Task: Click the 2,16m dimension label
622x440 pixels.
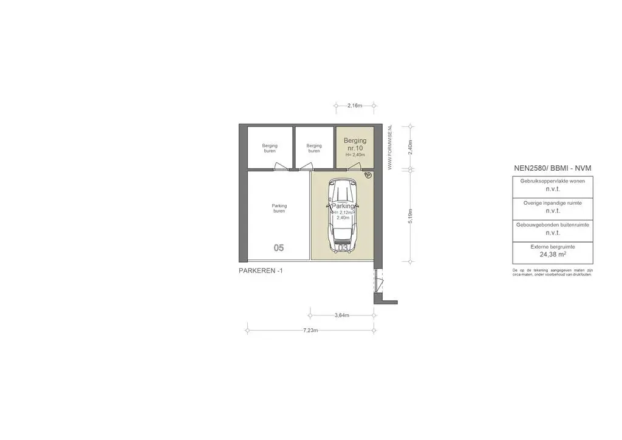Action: pos(355,106)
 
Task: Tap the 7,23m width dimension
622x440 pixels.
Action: pos(310,331)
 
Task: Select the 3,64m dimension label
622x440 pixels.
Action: pos(342,315)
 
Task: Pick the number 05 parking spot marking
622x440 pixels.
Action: pos(279,248)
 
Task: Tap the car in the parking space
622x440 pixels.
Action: pos(343,216)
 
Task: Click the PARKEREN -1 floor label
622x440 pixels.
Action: pos(261,271)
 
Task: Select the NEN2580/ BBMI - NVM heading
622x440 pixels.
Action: pos(552,168)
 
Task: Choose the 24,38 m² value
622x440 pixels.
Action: pos(552,255)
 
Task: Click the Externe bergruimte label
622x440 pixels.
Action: pos(552,247)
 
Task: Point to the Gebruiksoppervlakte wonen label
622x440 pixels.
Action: pos(552,181)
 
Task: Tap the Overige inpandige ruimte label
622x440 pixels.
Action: pos(552,203)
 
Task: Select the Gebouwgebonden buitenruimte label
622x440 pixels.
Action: pos(552,225)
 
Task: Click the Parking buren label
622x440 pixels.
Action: pos(279,208)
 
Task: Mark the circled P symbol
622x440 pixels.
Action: pos(367,175)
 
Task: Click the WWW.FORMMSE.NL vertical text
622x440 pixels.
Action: pos(389,148)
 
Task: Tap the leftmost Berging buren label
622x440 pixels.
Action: pos(270,148)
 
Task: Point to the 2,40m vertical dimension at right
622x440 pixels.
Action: pos(411,148)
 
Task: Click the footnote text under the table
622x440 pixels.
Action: pos(552,272)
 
